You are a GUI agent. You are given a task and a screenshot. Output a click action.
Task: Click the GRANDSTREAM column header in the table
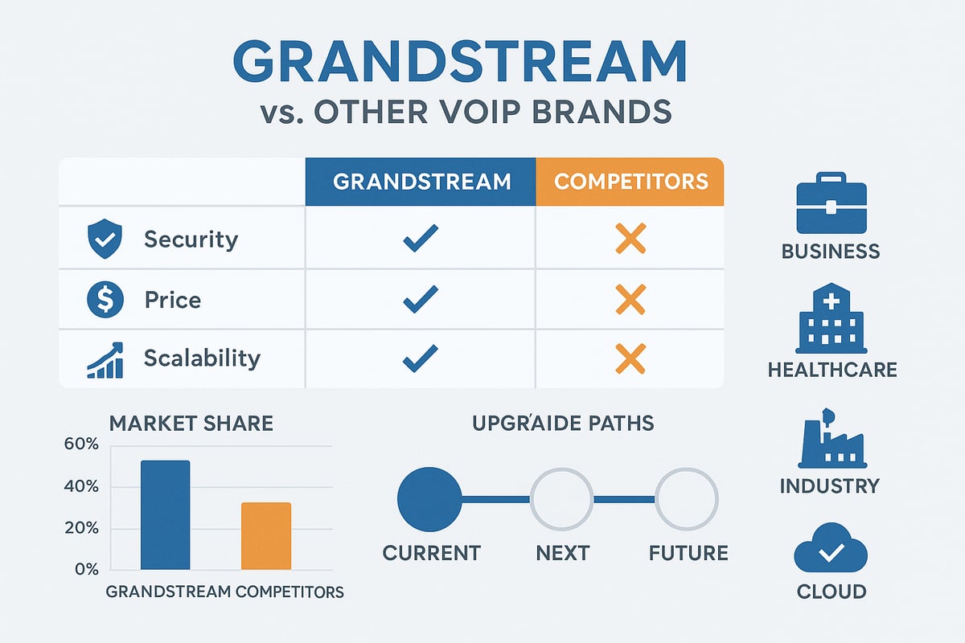421,181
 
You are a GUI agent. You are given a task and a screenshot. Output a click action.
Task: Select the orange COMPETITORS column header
630,181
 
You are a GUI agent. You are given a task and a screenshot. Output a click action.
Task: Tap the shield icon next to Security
104,239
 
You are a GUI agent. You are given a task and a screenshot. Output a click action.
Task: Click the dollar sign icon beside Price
104,300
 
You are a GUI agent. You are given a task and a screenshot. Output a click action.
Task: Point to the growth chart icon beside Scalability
105,359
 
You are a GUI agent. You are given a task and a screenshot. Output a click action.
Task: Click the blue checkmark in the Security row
421,239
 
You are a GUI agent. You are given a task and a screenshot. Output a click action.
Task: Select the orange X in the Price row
630,300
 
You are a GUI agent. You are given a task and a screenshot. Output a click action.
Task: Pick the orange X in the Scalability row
630,358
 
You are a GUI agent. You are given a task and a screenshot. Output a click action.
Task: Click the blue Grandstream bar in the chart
165,514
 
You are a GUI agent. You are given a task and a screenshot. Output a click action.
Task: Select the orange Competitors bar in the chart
266,535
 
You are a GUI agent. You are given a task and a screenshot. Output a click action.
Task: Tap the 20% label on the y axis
80,529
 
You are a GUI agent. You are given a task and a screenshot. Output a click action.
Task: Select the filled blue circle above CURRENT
429,499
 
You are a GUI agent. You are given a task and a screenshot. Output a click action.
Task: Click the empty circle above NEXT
561,499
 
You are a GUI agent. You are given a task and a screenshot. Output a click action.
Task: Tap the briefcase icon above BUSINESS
831,203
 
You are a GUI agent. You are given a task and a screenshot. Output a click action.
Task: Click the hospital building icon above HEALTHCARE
831,320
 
